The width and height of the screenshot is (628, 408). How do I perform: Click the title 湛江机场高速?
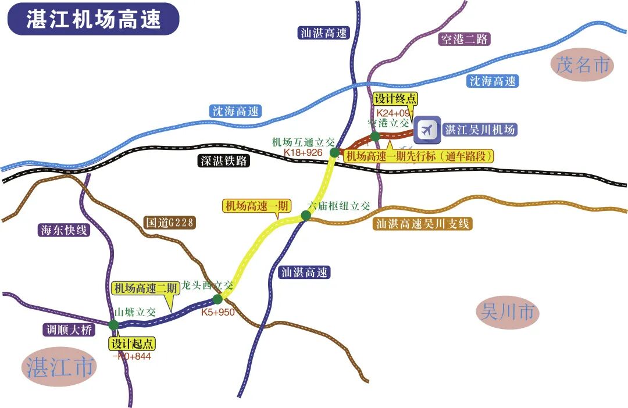click(x=93, y=19)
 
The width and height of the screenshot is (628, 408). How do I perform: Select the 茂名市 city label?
click(x=583, y=65)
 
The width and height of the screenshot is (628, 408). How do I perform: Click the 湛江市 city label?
click(x=60, y=367)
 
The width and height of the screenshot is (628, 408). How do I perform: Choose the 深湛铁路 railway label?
click(x=223, y=162)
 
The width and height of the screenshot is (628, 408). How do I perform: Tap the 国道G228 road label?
click(x=169, y=222)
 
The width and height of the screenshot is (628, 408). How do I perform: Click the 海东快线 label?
click(x=63, y=230)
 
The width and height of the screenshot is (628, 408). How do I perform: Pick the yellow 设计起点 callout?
click(x=132, y=343)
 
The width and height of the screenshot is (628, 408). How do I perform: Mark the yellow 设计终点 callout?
click(x=395, y=98)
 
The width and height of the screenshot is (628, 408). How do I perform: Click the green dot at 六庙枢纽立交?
click(x=306, y=216)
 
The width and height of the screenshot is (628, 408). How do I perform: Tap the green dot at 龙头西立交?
click(x=217, y=299)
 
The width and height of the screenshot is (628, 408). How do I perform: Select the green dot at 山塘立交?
click(x=113, y=324)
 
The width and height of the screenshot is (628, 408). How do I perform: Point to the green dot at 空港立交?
click(x=375, y=136)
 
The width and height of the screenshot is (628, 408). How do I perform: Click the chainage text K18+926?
click(x=303, y=152)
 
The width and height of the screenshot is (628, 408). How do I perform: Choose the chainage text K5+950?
click(x=217, y=312)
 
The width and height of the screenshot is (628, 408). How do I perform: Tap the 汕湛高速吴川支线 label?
click(x=423, y=224)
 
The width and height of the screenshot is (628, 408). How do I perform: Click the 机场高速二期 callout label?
click(x=145, y=288)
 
